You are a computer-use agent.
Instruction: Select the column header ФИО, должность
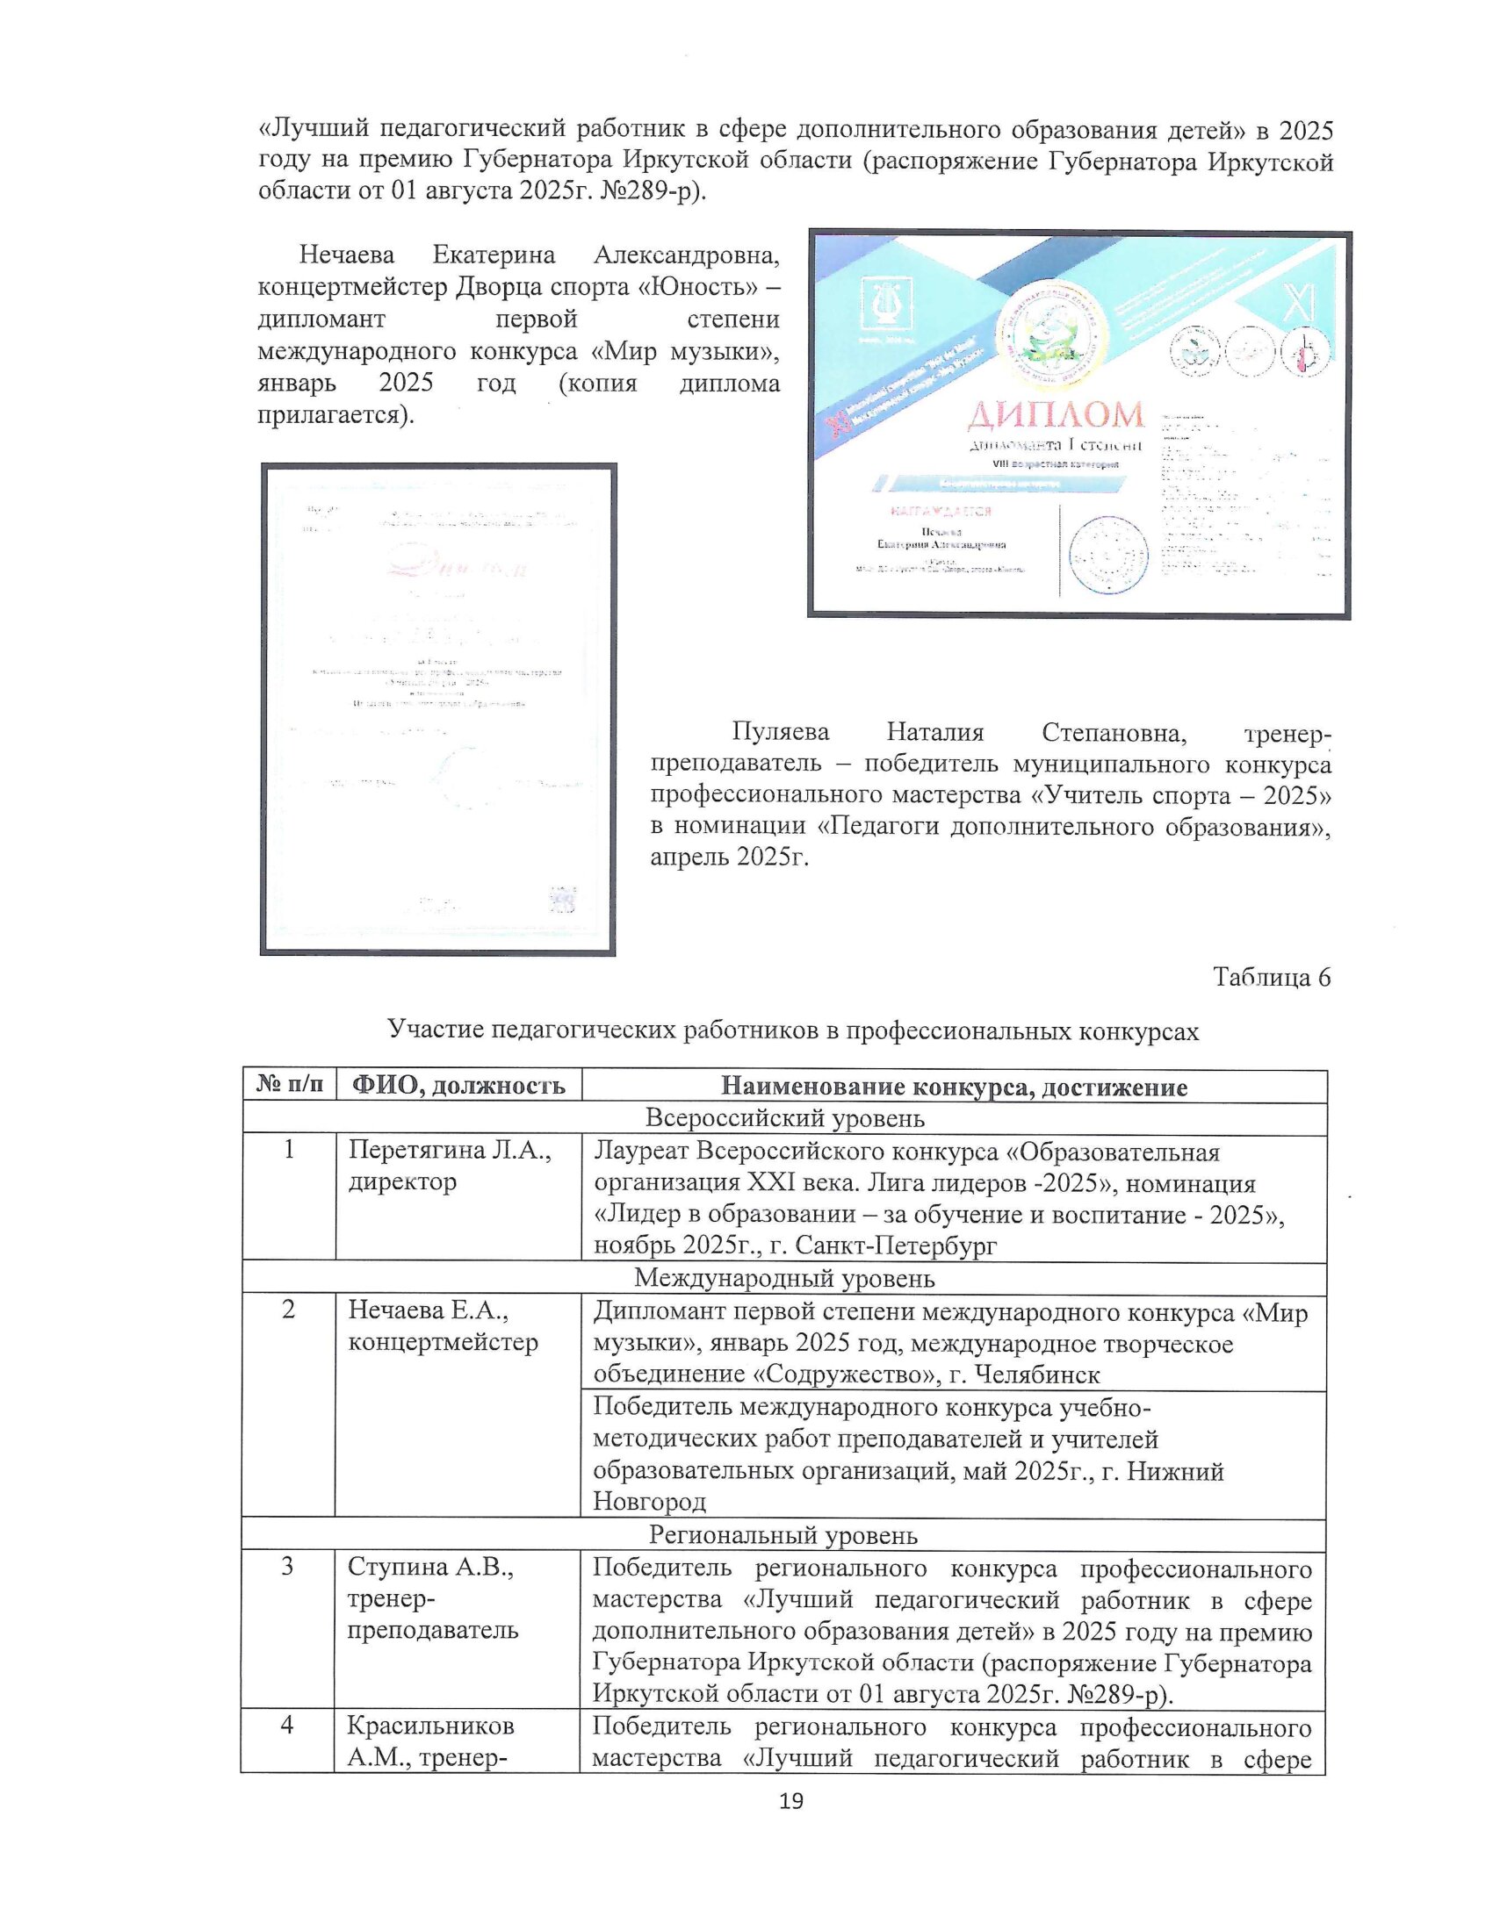458,1086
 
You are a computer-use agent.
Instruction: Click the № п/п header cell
289,1085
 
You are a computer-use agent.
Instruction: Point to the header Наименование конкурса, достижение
954,1086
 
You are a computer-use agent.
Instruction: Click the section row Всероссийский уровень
784,1118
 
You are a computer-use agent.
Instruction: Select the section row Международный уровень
784,1279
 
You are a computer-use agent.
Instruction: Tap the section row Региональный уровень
784,1535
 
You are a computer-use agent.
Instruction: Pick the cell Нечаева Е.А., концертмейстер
444,1327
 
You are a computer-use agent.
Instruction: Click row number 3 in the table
288,1568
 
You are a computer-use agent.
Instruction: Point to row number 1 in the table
288,1152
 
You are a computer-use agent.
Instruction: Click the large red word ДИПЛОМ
1054,413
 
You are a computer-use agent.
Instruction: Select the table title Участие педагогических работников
792,1030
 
